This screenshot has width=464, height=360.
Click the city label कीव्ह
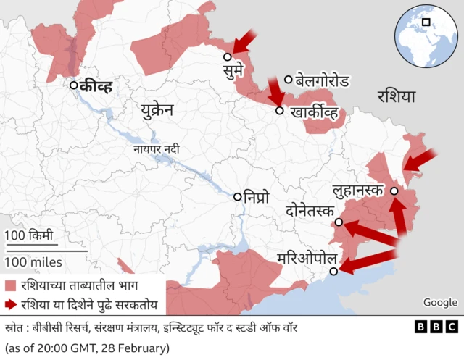[x=96, y=86]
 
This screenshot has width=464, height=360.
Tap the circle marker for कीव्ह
[x=74, y=85]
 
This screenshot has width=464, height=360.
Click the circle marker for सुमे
[x=228, y=56]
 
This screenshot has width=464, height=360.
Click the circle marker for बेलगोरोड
[x=289, y=80]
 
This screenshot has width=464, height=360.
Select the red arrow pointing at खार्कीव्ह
[x=275, y=92]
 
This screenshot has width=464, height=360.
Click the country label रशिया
[x=397, y=96]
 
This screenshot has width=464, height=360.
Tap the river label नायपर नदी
[x=156, y=149]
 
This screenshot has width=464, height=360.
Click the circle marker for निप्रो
[x=237, y=196]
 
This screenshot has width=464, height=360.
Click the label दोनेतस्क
[x=310, y=212]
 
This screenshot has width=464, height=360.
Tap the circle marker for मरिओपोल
[x=333, y=272]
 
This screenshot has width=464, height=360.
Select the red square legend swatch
[x=10, y=285]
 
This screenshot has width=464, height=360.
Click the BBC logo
[x=436, y=327]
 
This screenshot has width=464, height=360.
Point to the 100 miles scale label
[x=33, y=261]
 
